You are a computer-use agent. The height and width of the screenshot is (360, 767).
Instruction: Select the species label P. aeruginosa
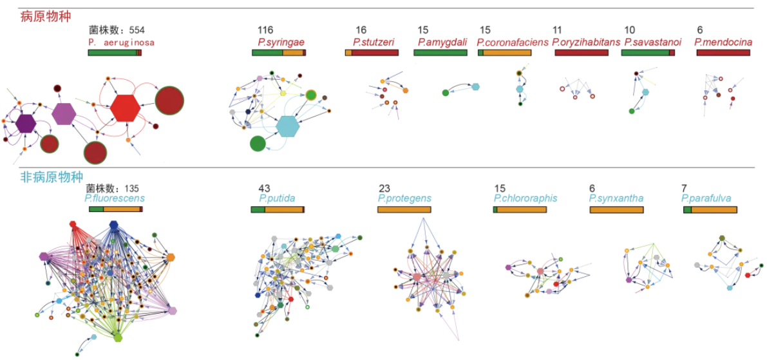pyautogui.click(x=121, y=42)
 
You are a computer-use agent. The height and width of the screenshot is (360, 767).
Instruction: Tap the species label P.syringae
pyautogui.click(x=281, y=42)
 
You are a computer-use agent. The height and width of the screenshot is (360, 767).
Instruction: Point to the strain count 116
pyautogui.click(x=265, y=30)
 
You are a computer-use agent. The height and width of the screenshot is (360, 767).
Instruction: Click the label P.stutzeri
pyautogui.click(x=374, y=42)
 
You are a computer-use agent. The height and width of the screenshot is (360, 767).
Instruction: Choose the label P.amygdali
pyautogui.click(x=442, y=42)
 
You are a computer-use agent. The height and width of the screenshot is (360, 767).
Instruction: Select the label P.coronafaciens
pyautogui.click(x=513, y=42)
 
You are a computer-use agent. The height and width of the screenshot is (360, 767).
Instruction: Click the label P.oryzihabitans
pyautogui.click(x=586, y=42)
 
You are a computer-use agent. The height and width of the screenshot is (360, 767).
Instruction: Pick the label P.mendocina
pyautogui.click(x=724, y=42)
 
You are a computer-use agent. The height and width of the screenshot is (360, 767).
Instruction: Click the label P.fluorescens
pyautogui.click(x=115, y=198)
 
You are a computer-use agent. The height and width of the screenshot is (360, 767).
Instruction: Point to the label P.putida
pyautogui.click(x=277, y=198)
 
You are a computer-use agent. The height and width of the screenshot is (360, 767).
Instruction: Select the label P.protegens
pyautogui.click(x=404, y=198)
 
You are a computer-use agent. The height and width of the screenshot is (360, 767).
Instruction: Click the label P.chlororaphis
pyautogui.click(x=525, y=198)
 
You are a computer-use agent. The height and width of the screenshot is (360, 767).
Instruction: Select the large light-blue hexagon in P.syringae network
pyautogui.click(x=287, y=126)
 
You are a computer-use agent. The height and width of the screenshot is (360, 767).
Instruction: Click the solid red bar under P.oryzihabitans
pyautogui.click(x=581, y=52)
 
